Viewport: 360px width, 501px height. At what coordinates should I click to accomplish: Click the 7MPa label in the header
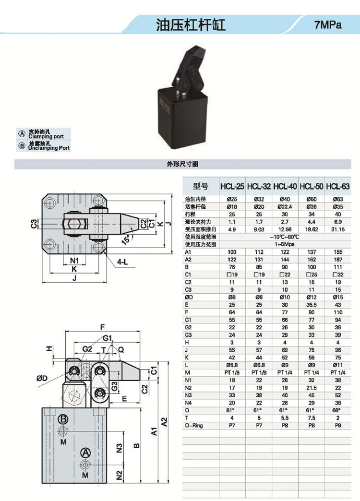328,25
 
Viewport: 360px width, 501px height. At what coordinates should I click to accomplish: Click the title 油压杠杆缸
191,24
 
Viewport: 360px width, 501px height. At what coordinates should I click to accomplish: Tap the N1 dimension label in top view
74,260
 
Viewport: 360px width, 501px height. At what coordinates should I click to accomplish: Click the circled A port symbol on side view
85,452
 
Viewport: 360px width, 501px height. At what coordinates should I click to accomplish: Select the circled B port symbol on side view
63,419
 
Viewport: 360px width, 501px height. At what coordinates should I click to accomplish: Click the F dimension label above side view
102,327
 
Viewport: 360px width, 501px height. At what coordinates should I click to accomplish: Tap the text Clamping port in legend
49,136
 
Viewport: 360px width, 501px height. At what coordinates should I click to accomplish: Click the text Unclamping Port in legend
49,148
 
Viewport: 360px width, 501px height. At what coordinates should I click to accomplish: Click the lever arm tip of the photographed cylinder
197,51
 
